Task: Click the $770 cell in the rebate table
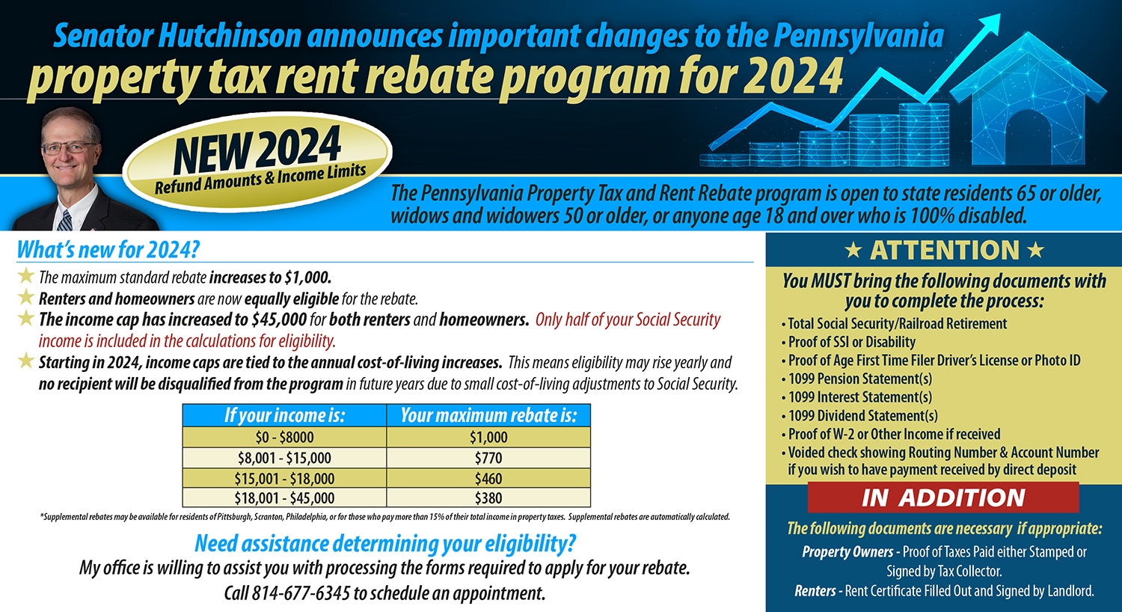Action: tap(488, 458)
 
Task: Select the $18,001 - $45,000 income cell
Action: tap(284, 498)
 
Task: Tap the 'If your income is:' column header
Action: tap(284, 415)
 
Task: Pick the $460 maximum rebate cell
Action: tap(488, 478)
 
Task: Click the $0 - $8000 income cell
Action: tap(284, 437)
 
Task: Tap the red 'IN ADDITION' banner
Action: tap(943, 498)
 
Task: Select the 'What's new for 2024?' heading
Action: tap(108, 249)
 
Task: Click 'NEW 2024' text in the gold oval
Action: tap(257, 149)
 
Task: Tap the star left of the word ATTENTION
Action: tap(852, 251)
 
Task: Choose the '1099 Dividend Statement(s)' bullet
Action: tap(862, 416)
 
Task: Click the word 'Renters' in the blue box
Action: tap(815, 591)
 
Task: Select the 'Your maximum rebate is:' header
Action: tap(488, 415)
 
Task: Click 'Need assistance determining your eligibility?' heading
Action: tap(385, 543)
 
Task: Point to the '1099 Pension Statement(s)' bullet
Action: tap(860, 379)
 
